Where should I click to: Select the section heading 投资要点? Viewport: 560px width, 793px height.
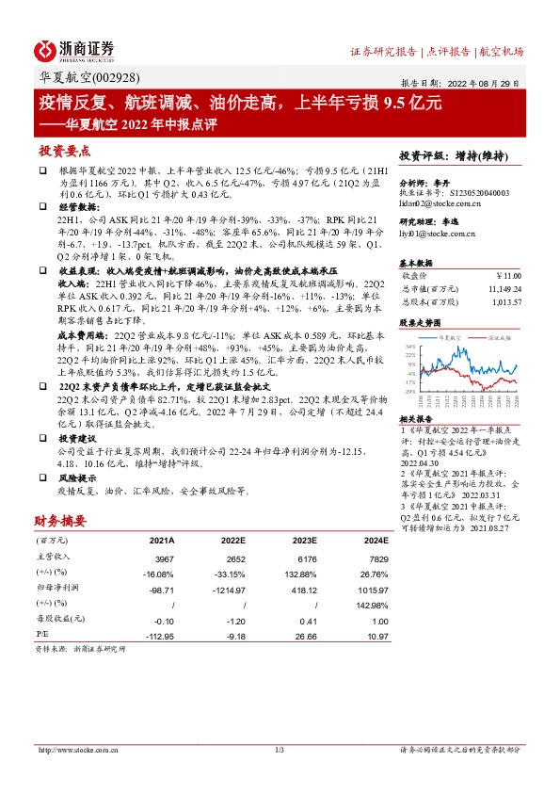[65, 151]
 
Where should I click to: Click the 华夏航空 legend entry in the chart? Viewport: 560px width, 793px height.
[447, 336]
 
